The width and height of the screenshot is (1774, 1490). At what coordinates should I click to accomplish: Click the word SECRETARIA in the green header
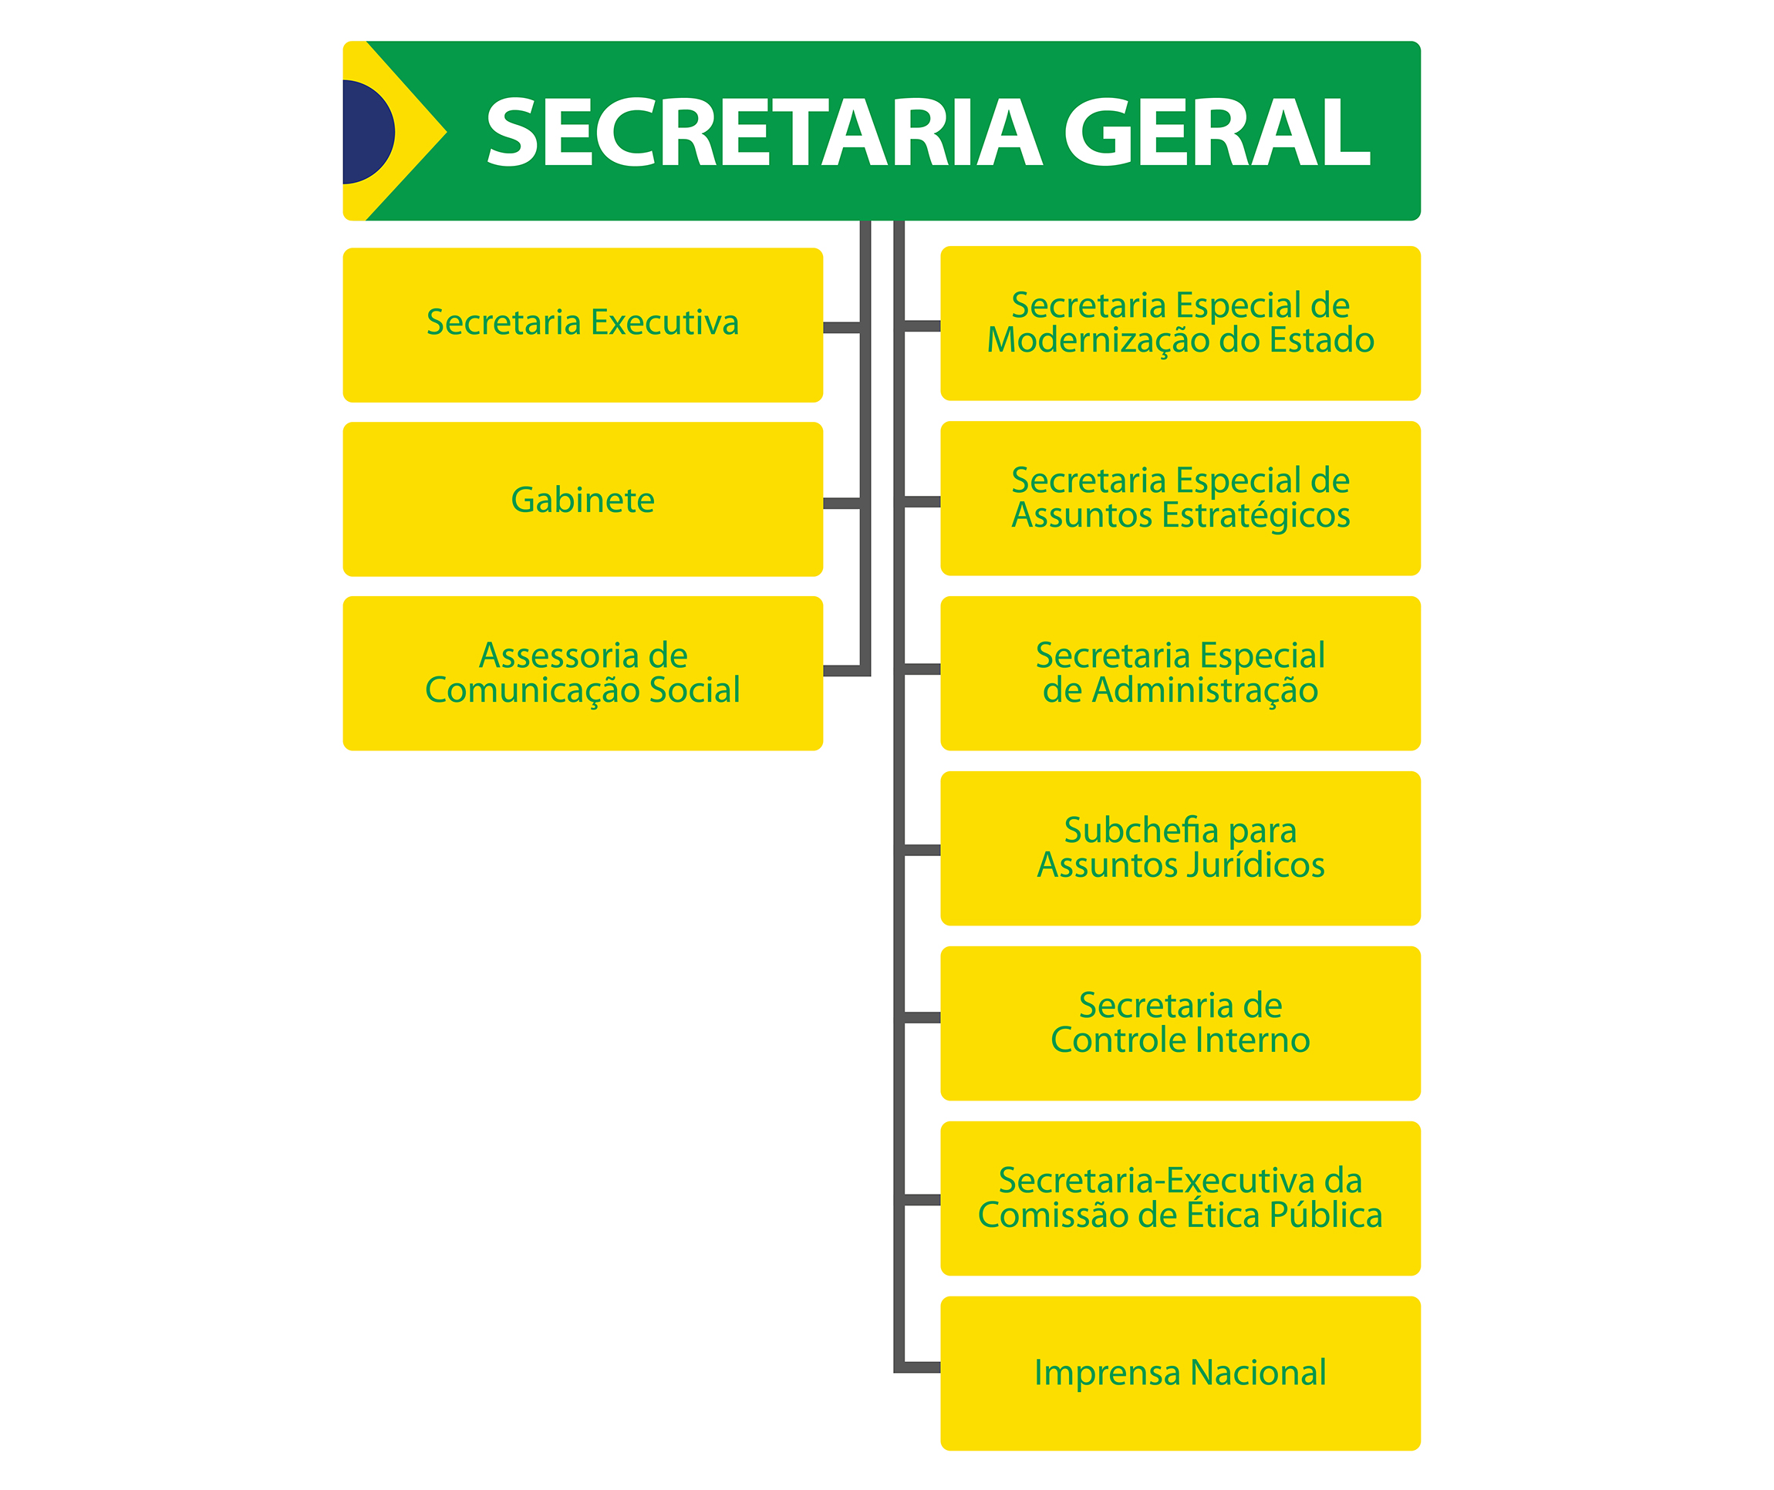(764, 132)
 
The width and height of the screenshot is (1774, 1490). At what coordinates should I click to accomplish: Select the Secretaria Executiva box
(583, 325)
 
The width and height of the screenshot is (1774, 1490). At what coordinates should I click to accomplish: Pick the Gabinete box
(583, 499)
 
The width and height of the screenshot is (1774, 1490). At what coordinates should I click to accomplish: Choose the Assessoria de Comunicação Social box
(583, 673)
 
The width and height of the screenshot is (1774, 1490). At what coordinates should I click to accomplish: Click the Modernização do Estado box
(1180, 322)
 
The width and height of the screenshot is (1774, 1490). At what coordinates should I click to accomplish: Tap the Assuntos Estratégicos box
(1180, 498)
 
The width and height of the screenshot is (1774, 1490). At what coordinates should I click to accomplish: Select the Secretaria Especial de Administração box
(1180, 673)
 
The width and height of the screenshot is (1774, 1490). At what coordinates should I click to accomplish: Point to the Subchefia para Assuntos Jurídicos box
(1180, 848)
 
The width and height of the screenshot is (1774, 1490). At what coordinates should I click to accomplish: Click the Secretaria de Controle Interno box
(1180, 1023)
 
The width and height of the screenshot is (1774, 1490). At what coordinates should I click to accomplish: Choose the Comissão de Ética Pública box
(1180, 1198)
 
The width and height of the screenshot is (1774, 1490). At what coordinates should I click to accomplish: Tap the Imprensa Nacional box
(1180, 1373)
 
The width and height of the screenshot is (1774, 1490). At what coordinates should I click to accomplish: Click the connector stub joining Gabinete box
(841, 504)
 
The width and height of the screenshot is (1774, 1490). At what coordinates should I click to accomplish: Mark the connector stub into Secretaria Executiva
(841, 328)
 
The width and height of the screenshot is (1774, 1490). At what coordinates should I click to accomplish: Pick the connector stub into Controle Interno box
(922, 1018)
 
